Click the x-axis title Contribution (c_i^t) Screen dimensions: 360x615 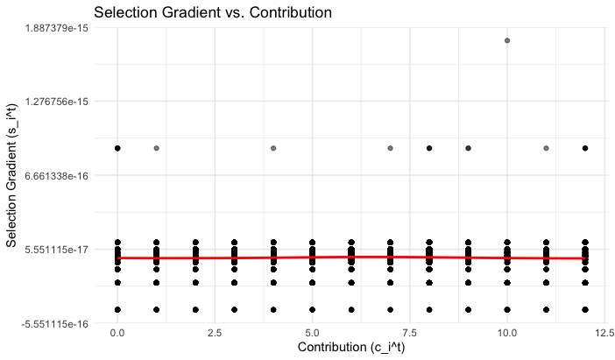tap(351, 348)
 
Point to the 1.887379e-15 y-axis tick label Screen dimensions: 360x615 tap(57, 27)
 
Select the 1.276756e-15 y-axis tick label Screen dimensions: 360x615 tap(57, 102)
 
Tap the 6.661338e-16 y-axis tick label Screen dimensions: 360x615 tap(57, 175)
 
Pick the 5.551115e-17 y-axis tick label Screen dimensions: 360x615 tap(57, 250)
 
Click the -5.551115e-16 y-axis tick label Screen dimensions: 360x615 tap(55, 324)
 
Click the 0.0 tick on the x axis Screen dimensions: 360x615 tap(117, 333)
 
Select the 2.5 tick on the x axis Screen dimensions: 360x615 tap(215, 333)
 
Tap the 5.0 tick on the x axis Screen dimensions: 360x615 tap(312, 333)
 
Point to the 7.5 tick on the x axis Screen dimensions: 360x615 tap(410, 333)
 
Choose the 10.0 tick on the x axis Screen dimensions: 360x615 tap(507, 333)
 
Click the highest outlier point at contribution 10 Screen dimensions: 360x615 tap(507, 40)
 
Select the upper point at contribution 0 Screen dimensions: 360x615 tap(117, 148)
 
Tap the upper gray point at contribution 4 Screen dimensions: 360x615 tap(273, 148)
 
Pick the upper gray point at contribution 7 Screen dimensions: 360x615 tap(391, 148)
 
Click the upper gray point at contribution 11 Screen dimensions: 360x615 tap(546, 148)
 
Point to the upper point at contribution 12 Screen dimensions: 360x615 tap(585, 148)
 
